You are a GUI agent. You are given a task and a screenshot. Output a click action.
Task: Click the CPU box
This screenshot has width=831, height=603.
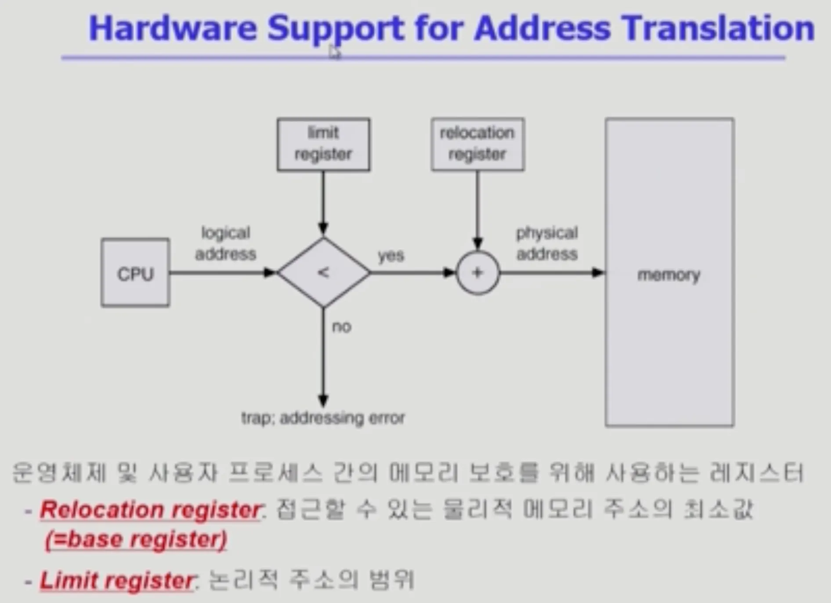135,273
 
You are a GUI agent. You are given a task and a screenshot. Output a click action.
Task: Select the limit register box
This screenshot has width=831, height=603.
323,144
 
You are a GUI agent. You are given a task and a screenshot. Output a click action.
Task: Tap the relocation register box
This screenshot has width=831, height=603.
477,144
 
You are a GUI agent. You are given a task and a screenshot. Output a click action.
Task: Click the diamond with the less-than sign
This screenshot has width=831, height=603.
324,272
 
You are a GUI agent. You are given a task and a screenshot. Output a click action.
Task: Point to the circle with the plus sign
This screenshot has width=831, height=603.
478,273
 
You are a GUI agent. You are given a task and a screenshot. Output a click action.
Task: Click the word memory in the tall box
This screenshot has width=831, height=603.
668,275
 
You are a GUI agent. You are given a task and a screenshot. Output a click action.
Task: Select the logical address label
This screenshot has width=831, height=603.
226,243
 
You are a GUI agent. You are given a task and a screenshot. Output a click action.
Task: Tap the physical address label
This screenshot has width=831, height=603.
547,243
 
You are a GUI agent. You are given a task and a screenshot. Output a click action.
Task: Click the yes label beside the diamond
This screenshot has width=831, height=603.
391,255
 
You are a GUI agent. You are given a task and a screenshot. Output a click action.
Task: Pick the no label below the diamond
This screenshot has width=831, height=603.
342,327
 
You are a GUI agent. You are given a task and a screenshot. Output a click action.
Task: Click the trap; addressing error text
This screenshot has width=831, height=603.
323,418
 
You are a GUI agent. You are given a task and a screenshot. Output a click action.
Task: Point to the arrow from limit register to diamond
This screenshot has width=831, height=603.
323,202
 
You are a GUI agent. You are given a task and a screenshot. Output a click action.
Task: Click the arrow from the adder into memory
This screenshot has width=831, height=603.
551,273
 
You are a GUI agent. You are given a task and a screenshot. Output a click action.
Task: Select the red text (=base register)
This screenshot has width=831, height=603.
136,539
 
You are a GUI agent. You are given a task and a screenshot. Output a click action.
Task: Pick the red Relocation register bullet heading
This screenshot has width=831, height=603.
151,510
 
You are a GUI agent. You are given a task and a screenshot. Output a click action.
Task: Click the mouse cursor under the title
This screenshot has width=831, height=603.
335,53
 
